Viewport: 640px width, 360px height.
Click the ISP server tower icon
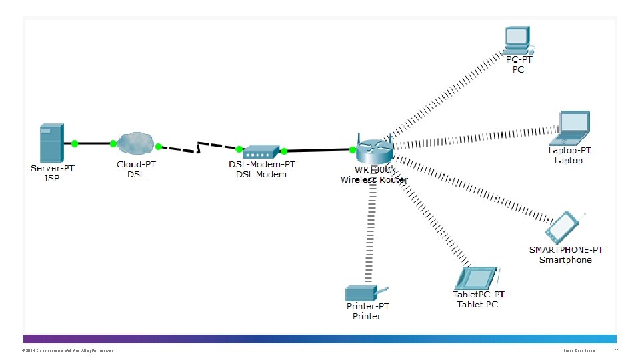coord(51,142)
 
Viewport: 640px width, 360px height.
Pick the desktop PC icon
coord(517,40)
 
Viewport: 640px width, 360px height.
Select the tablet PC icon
coord(477,278)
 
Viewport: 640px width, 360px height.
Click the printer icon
coord(363,292)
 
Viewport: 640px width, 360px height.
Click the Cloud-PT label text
coord(137,164)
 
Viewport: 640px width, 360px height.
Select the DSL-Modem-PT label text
coord(261,164)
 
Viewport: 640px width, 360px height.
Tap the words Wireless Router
coord(374,180)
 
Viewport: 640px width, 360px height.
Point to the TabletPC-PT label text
coord(478,295)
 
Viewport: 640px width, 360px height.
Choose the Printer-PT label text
coord(367,307)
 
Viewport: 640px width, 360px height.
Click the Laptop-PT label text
coord(569,151)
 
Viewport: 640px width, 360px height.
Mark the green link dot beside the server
coord(75,143)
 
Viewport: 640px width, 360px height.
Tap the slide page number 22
coord(615,350)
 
